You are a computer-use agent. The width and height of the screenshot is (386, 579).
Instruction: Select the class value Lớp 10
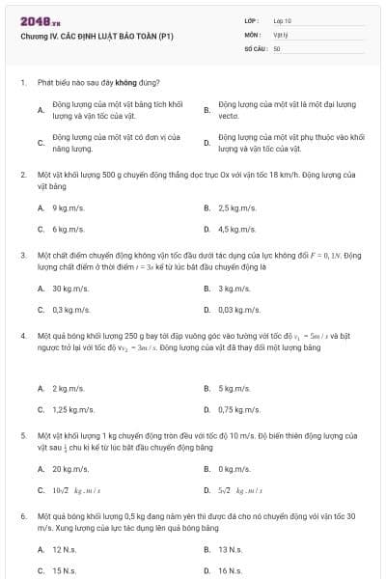[282, 20]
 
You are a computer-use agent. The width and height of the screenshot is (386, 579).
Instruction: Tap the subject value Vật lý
[281, 34]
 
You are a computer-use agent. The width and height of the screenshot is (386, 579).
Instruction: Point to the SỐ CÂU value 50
[277, 47]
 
